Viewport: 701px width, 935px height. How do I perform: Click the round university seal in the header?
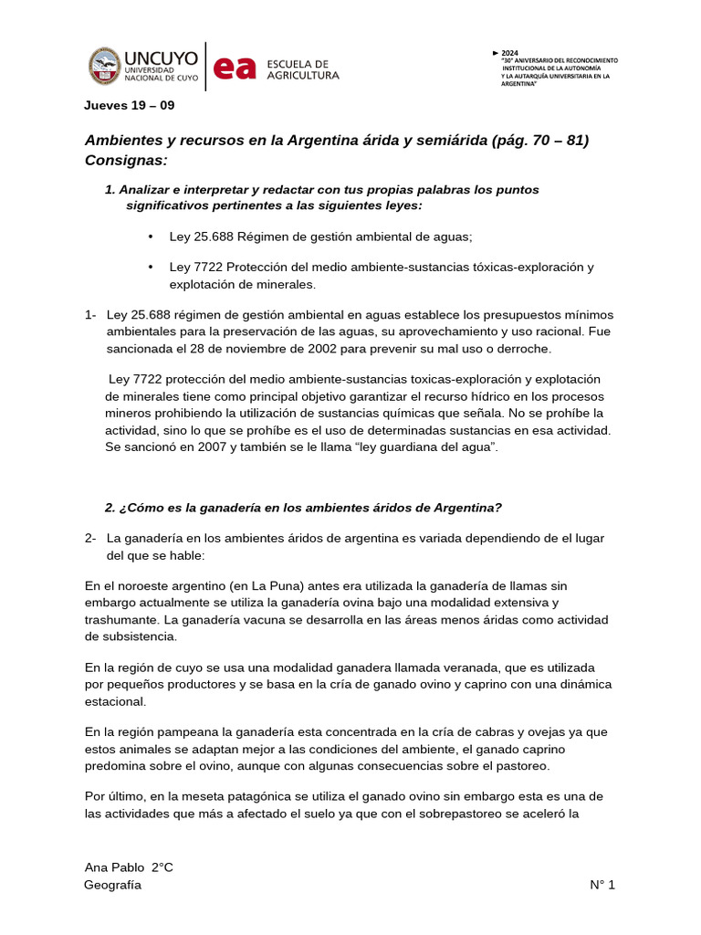coord(110,66)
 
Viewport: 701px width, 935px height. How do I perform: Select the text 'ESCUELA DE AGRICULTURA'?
coord(302,69)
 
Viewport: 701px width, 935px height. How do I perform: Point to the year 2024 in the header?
coord(510,53)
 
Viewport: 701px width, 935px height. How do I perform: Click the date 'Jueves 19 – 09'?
coord(129,105)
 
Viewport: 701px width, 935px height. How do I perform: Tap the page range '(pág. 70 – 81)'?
coord(539,140)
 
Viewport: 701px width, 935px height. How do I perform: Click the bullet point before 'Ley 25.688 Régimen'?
coord(151,236)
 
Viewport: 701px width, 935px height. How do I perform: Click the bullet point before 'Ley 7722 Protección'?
coord(151,267)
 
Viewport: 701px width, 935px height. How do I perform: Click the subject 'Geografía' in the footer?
coord(112,885)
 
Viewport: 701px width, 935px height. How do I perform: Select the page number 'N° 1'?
coord(602,885)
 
